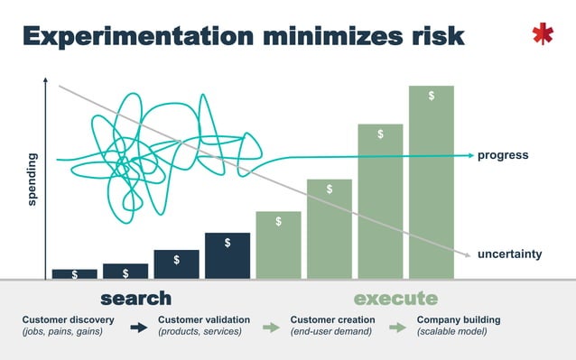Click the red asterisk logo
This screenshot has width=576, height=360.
[x=542, y=34]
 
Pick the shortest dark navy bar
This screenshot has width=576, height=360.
[x=74, y=273]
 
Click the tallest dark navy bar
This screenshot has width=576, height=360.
[x=228, y=255]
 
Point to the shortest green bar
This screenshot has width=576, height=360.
[x=278, y=245]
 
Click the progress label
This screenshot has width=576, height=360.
[x=503, y=155]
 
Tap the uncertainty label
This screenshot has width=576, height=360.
[x=510, y=254]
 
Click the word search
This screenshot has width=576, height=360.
[x=135, y=299]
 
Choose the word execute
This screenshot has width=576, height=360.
[x=395, y=299]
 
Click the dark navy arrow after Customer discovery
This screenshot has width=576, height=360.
[x=138, y=328]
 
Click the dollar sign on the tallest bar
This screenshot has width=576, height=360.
[x=432, y=96]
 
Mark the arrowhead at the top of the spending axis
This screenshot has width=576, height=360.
[x=44, y=82]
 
